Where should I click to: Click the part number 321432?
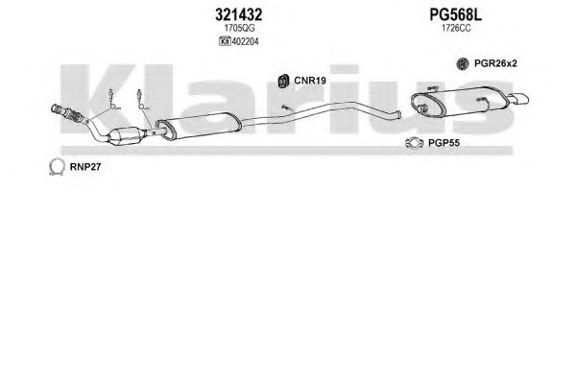pos(238,15)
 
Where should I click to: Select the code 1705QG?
pos(239,28)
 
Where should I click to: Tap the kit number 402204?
pos(245,42)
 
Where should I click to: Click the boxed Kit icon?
pos(225,42)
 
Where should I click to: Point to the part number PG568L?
pos(455,15)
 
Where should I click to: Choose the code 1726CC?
pos(456,28)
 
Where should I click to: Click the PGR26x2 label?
pos(495,63)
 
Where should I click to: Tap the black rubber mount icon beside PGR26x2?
pos(463,63)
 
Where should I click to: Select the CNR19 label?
pos(310,81)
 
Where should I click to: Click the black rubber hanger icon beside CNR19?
pos(283,81)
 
